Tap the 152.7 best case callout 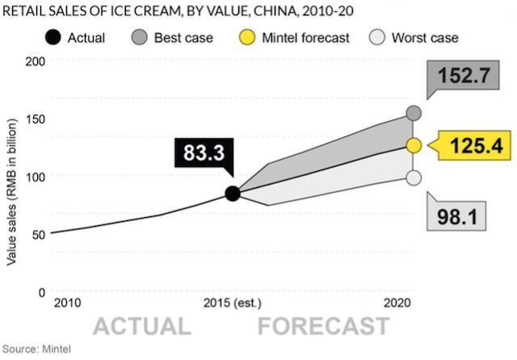[464, 77]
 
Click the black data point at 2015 [233, 194]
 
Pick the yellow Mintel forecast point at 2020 [414, 145]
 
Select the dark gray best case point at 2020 [414, 114]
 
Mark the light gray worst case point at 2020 [414, 178]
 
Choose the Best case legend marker [138, 37]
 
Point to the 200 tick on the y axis [34, 61]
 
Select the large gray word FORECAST [323, 326]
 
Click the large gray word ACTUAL [142, 326]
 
